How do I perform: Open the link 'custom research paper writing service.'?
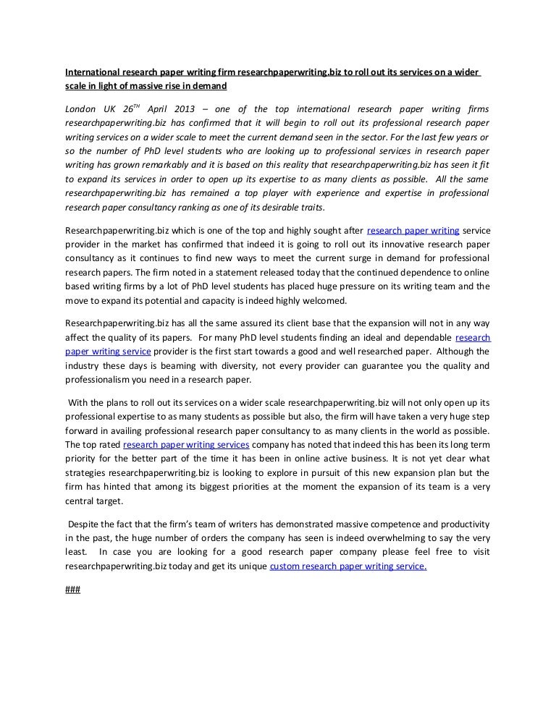[x=347, y=567]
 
